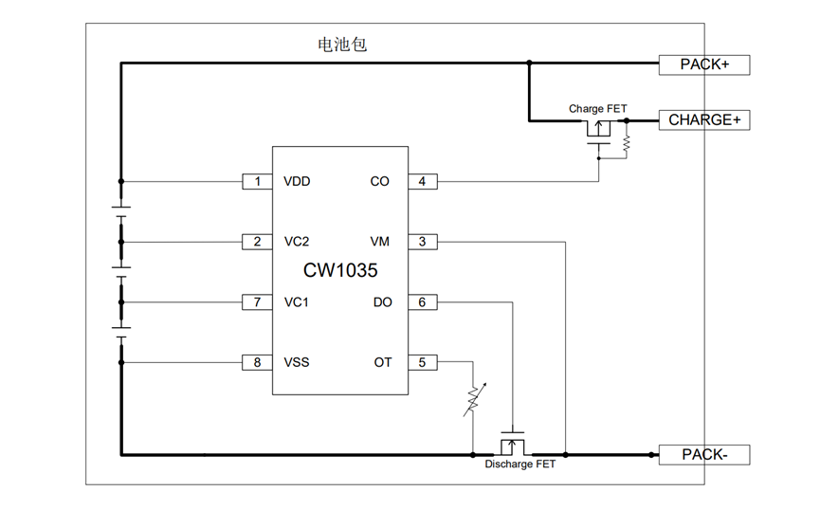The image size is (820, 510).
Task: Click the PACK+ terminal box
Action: pos(704,64)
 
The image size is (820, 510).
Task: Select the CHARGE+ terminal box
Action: pos(704,119)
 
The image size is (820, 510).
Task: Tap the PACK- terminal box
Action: pos(704,455)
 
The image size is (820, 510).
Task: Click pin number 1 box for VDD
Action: pos(257,181)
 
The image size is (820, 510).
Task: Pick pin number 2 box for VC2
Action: pos(257,242)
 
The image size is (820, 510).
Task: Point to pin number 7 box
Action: pos(257,302)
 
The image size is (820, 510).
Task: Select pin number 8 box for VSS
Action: pos(257,362)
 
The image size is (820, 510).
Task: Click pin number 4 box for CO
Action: pos(423,181)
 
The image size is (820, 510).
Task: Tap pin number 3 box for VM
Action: pos(423,242)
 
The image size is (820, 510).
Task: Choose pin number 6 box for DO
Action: pos(423,302)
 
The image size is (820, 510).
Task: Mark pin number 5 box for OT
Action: pos(423,362)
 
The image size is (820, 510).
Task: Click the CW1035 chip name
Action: pos(340,271)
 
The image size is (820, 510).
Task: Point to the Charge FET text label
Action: pos(597,109)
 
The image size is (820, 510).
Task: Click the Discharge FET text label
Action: pos(519,465)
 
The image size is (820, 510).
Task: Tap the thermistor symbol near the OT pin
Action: pos(472,399)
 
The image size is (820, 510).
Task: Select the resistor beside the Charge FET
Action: pos(627,143)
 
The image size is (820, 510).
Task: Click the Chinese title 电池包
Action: pos(337,45)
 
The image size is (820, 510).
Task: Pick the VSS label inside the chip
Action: pos(297,362)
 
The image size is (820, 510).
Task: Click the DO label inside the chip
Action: pos(382,302)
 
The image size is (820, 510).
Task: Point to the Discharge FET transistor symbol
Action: pos(512,443)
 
